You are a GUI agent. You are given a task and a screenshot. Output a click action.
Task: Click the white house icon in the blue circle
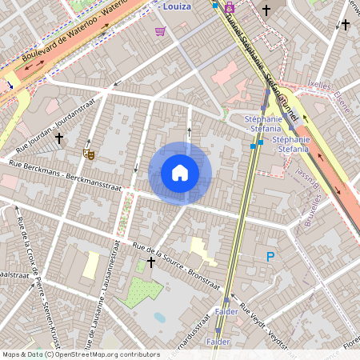point(180,173)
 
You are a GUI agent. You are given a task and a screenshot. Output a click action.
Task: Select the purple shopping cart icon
point(160,31)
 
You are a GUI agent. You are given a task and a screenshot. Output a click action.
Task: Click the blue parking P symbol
point(270,257)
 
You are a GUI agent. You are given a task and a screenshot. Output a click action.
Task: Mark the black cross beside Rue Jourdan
point(58,138)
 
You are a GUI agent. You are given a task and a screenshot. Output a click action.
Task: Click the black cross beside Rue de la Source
point(150,262)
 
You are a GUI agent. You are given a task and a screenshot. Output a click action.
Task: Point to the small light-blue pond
point(160,317)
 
